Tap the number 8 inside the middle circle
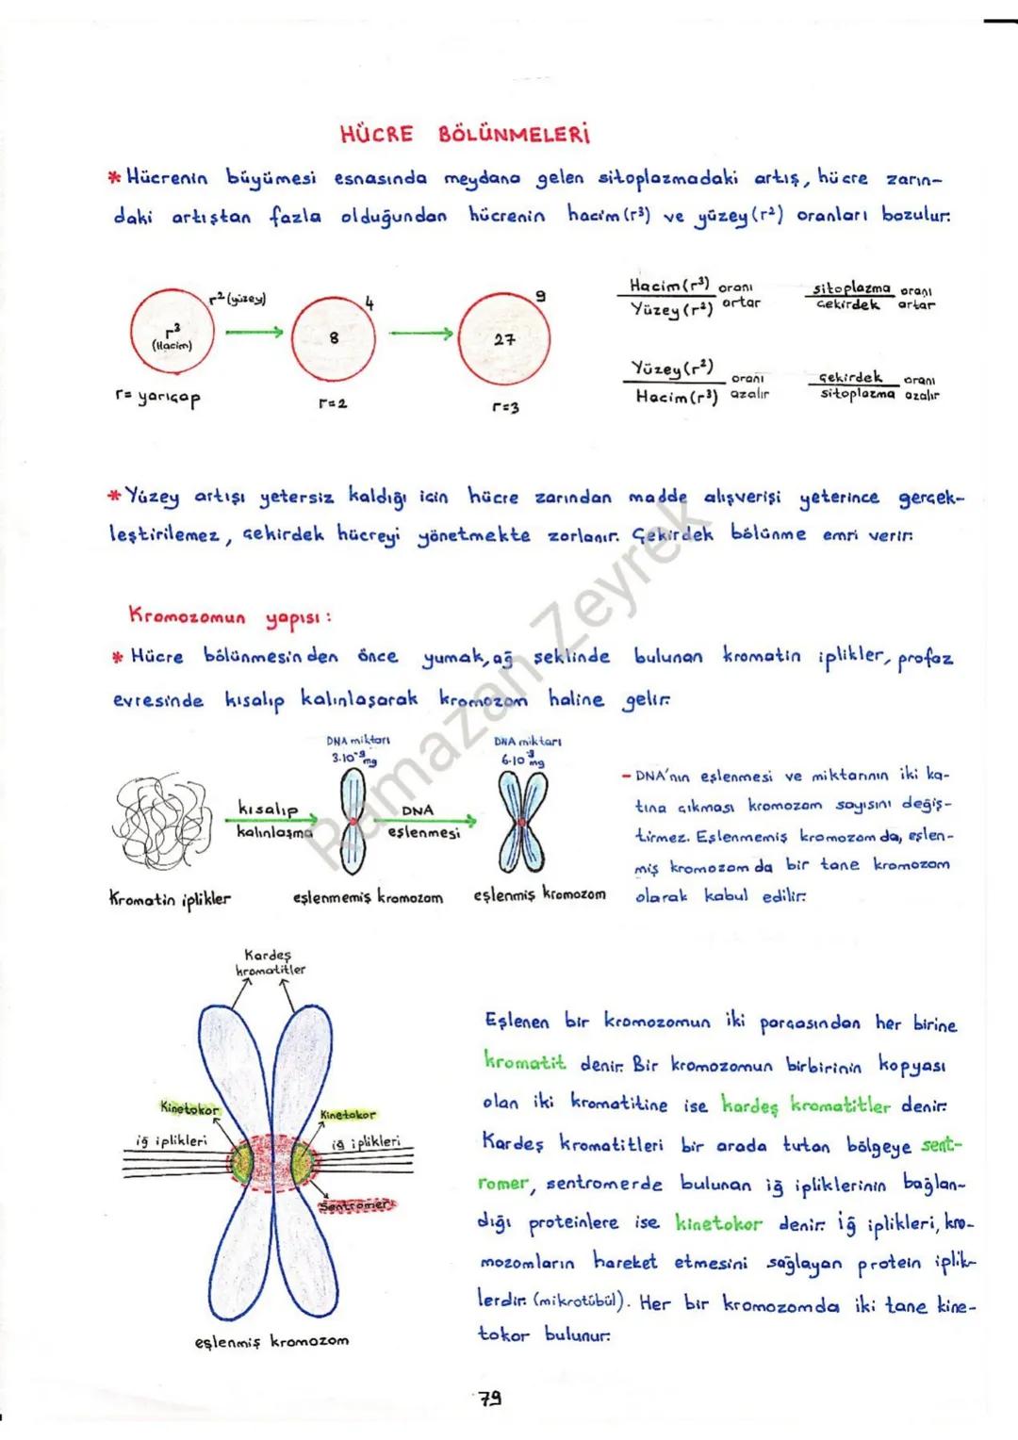(334, 337)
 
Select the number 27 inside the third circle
(504, 339)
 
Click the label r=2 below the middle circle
(334, 403)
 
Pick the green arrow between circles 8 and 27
(421, 333)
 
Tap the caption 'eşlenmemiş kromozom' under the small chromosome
(368, 897)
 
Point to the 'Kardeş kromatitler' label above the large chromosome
(271, 961)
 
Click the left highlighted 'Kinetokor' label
(189, 1108)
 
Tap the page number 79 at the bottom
(488, 1399)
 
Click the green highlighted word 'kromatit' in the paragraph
(525, 1062)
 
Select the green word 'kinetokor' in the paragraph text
(718, 1223)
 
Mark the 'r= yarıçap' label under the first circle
(157, 398)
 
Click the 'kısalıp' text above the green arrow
(268, 809)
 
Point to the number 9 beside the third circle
(539, 297)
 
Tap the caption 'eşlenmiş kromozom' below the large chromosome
(271, 1339)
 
